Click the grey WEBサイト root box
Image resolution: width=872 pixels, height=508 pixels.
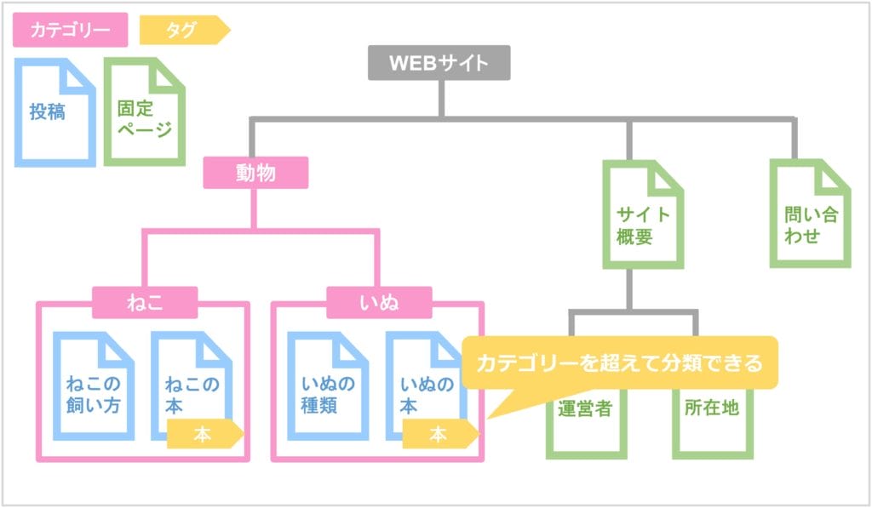(x=439, y=63)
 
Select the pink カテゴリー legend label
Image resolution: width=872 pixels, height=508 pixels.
(x=71, y=30)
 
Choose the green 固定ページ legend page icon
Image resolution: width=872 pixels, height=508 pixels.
(x=144, y=112)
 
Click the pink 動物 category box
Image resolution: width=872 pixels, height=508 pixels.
(x=255, y=173)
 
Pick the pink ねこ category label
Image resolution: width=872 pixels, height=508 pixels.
(x=145, y=302)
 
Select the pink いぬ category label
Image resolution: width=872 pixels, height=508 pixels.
(x=379, y=302)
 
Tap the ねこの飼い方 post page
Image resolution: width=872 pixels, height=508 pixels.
(x=93, y=387)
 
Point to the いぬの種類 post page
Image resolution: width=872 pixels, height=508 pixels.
(x=327, y=387)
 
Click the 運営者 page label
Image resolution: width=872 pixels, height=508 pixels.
(x=584, y=408)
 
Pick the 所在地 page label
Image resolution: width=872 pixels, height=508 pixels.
(x=711, y=408)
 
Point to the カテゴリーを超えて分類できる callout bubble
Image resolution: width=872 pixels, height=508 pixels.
(x=619, y=362)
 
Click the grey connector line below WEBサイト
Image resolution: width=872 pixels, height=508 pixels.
(x=440, y=98)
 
